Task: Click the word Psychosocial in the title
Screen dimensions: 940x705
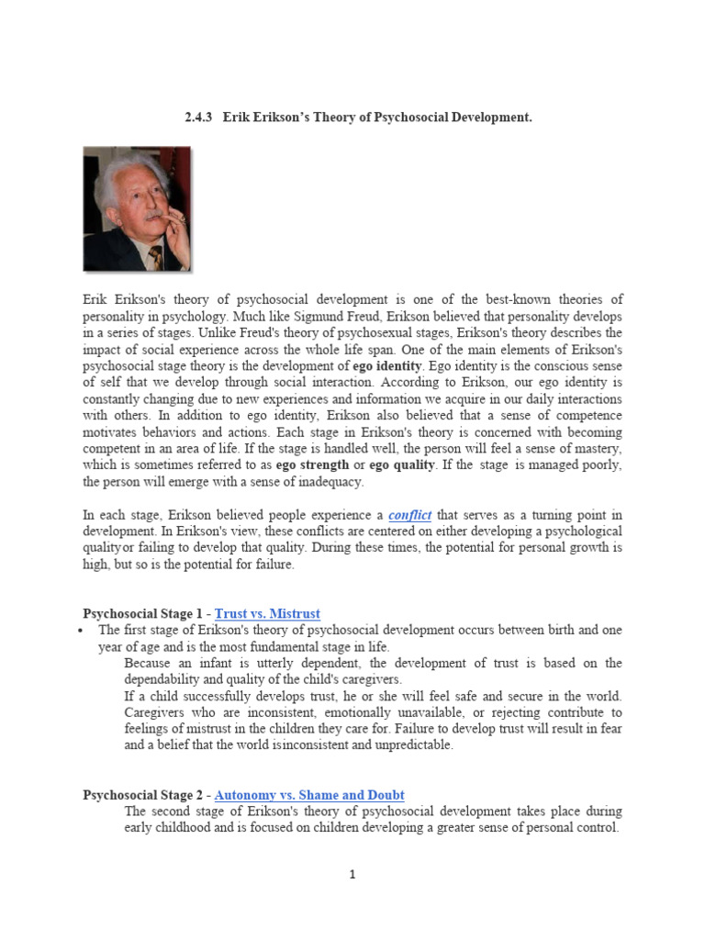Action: (x=417, y=118)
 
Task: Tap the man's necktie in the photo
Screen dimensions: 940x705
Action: (x=155, y=255)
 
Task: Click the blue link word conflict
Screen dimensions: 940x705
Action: (x=409, y=515)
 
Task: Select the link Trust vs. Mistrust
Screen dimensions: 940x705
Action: (x=267, y=613)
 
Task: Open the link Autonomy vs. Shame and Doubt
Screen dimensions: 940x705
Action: (x=309, y=795)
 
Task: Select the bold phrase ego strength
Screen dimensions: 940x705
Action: (x=312, y=465)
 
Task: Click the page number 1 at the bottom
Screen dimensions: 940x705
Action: (x=352, y=875)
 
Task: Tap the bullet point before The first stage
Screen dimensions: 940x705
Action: (x=83, y=631)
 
